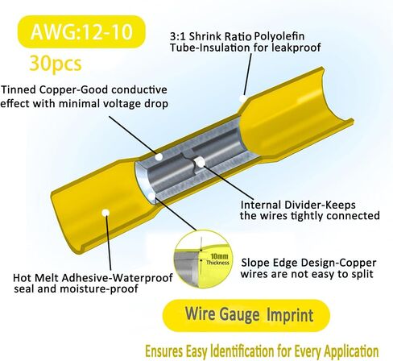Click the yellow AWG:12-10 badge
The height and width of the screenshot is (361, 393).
tap(81, 31)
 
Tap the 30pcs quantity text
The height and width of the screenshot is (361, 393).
tap(56, 64)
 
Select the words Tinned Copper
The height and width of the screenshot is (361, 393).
tap(39, 89)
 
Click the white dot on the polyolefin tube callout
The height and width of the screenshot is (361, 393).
tap(243, 98)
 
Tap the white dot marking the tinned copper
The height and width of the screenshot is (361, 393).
tap(159, 156)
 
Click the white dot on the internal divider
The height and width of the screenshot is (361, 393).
tap(200, 161)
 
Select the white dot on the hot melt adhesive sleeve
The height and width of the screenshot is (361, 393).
tap(105, 213)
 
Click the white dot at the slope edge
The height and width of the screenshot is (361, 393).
tap(151, 197)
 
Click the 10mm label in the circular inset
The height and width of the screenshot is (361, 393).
tap(219, 256)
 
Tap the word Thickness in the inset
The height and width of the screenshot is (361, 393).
tap(217, 263)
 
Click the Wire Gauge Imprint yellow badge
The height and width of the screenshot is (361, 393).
tap(246, 315)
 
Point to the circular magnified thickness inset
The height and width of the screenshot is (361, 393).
tap(204, 259)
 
